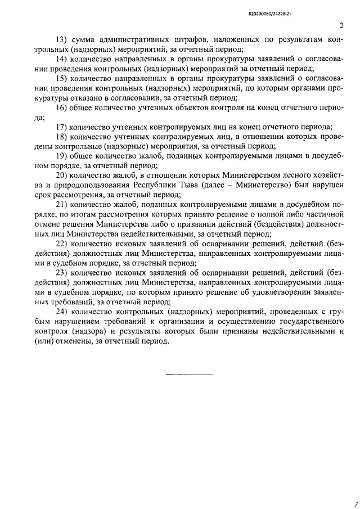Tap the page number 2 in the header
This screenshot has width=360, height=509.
point(341,25)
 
